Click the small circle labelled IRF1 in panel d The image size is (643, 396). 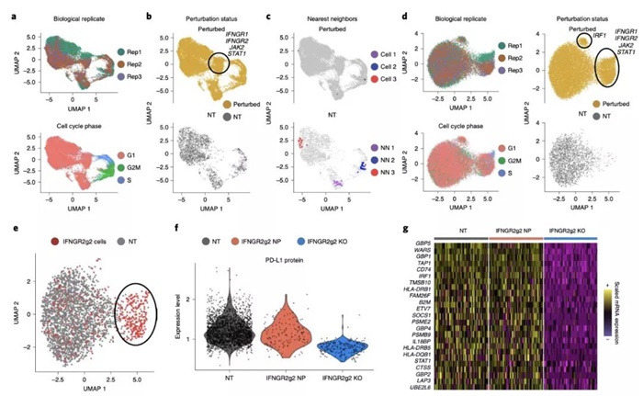coord(583,38)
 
